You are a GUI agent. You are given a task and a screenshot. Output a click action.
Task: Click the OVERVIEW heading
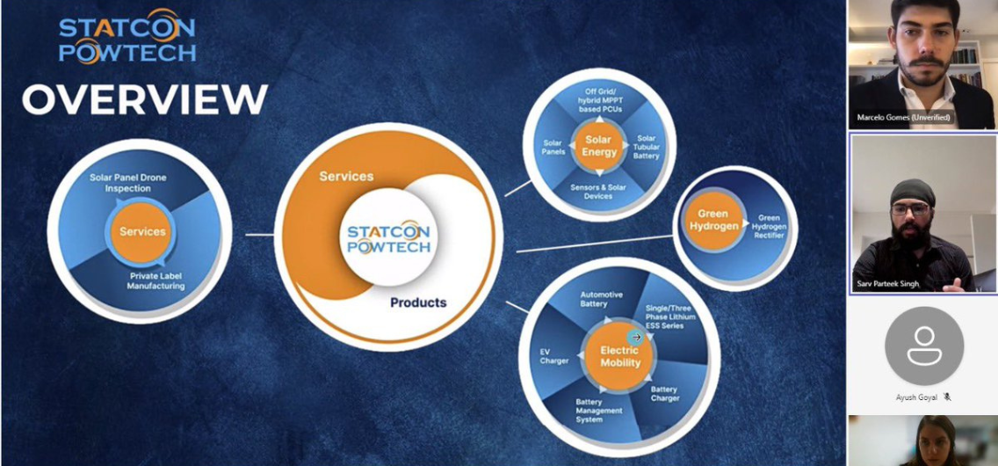tap(145, 98)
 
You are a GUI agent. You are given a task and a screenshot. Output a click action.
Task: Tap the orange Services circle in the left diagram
tap(142, 232)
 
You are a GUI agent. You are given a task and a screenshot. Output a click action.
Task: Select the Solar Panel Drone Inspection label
tap(128, 183)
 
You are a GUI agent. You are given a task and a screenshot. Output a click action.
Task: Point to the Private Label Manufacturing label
tap(156, 281)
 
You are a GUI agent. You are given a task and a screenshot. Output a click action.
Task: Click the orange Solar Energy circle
tap(598, 146)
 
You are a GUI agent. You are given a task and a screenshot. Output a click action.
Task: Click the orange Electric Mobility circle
tap(620, 356)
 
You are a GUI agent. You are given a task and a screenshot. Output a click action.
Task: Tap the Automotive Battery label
tap(602, 300)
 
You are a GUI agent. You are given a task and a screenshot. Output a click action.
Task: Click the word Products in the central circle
tap(418, 302)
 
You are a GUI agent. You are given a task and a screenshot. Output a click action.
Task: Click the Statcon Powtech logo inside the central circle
tap(389, 237)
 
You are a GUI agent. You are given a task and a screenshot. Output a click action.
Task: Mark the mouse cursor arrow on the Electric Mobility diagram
tap(635, 338)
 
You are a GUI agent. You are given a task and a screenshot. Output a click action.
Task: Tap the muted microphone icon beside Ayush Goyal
tap(947, 397)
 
